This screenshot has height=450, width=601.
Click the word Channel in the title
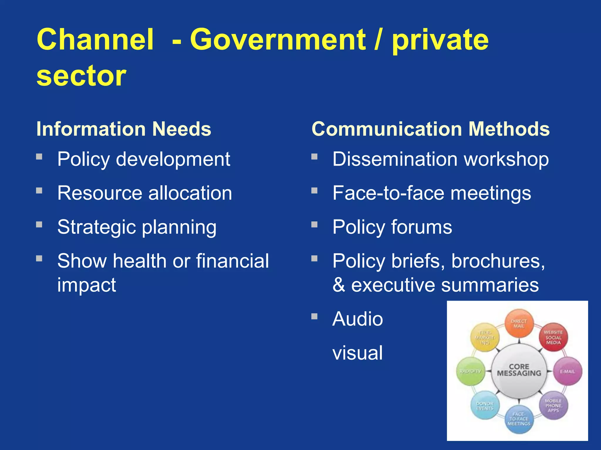pyautogui.click(x=95, y=40)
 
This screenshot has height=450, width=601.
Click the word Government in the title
pyautogui.click(x=278, y=40)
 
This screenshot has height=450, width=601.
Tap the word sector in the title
pyautogui.click(x=81, y=76)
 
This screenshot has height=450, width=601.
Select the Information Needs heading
pyautogui.click(x=124, y=129)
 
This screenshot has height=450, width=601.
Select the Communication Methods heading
pyautogui.click(x=431, y=129)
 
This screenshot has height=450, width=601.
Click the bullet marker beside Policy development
pyautogui.click(x=39, y=156)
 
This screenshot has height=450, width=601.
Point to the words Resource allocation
pyautogui.click(x=144, y=193)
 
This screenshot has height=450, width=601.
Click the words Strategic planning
pyautogui.click(x=137, y=227)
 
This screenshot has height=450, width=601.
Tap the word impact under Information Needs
pyautogui.click(x=87, y=285)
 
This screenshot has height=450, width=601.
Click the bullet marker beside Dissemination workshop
pyautogui.click(x=314, y=156)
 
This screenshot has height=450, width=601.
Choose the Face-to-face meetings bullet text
pyautogui.click(x=431, y=193)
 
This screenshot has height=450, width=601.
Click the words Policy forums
pyautogui.click(x=392, y=227)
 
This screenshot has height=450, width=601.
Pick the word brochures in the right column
pyautogui.click(x=498, y=261)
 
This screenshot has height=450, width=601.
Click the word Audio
pyautogui.click(x=357, y=319)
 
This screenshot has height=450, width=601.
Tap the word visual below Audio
pyautogui.click(x=357, y=353)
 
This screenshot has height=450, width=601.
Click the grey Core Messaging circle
pyautogui.click(x=519, y=371)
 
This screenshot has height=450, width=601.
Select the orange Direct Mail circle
pyautogui.click(x=519, y=324)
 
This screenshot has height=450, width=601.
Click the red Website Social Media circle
pyautogui.click(x=553, y=337)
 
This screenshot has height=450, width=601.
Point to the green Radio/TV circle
pyautogui.click(x=471, y=371)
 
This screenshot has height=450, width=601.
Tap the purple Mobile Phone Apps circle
pyautogui.click(x=553, y=405)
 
